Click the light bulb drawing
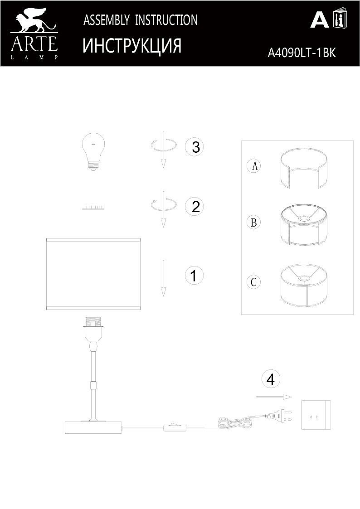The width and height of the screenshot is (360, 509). [93, 152]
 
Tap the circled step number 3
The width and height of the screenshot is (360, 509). [195, 147]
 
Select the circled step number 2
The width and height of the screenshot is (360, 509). [195, 207]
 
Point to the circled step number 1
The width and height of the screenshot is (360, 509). [194, 275]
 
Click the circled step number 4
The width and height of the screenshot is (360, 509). [271, 379]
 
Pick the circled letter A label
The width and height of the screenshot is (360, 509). [254, 166]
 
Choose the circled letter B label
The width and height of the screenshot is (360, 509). [254, 223]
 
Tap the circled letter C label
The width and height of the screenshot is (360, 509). [254, 282]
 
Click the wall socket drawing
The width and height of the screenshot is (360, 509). [316, 415]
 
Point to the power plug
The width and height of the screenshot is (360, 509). [279, 415]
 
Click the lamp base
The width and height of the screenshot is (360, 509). [94, 427]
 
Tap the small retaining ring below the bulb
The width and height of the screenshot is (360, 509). [93, 208]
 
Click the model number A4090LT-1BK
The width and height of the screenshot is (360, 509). [302, 53]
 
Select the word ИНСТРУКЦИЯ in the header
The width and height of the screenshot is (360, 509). [132, 46]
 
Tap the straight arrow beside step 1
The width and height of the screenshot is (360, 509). [163, 278]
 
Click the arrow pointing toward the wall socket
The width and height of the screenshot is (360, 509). [273, 397]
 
